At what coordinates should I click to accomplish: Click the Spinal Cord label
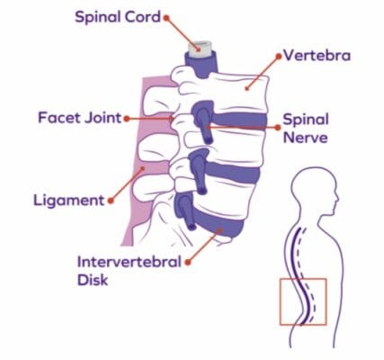coord(118,17)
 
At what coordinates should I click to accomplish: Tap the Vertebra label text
coord(317,56)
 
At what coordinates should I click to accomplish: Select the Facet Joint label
coord(80,118)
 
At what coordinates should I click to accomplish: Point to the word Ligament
coord(69,201)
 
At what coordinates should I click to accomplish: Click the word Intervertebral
coord(129,262)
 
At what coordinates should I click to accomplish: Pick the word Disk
coord(93,280)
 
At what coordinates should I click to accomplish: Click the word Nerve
coord(306,138)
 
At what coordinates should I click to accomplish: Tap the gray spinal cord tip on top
coord(200,49)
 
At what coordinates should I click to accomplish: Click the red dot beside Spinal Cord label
coord(166,18)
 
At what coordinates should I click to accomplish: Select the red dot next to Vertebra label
coord(279,57)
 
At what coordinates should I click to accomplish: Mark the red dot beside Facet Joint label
coord(127,119)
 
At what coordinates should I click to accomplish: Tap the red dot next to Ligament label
coord(111,201)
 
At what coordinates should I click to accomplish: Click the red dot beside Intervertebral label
coord(188,263)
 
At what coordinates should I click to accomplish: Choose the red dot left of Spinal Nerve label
coord(278,128)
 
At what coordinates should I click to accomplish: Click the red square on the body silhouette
coord(280,301)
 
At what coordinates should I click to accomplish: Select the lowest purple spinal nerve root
coord(185,211)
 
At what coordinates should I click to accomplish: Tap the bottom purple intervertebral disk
coord(219,224)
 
